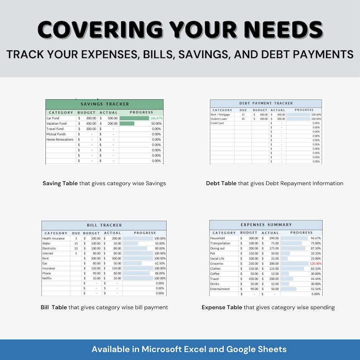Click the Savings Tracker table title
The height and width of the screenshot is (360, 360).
(x=104, y=104)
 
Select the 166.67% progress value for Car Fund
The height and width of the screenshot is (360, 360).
(x=156, y=118)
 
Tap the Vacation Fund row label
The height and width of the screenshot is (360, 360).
(x=57, y=123)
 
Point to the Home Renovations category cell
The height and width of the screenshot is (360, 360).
(x=60, y=140)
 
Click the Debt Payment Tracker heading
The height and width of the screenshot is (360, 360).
(x=266, y=103)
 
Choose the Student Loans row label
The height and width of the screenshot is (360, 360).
(x=219, y=119)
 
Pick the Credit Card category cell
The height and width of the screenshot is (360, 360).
(x=217, y=123)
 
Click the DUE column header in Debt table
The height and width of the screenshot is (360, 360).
(x=243, y=110)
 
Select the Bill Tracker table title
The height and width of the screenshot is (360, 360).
(x=104, y=225)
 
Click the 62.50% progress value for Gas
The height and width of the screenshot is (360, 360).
(x=160, y=263)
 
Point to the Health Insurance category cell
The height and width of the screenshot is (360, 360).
(x=54, y=238)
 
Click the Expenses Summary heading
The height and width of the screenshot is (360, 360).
(x=266, y=225)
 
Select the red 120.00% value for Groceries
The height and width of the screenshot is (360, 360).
(x=315, y=263)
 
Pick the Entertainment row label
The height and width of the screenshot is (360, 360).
(x=220, y=289)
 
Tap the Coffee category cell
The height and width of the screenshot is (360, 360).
(x=215, y=273)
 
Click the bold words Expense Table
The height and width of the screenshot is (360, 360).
(x=222, y=307)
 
